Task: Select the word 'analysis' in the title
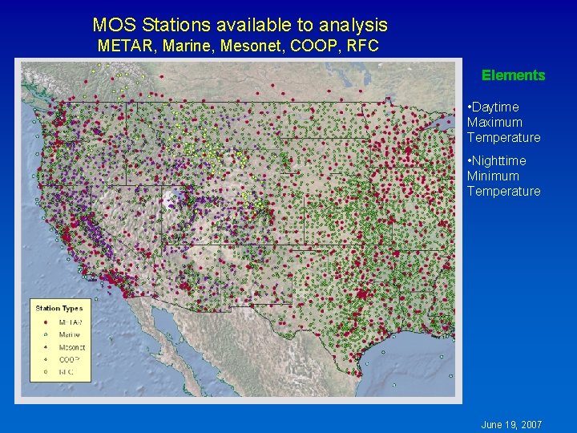tap(353, 26)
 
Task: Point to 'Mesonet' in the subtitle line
tap(240, 46)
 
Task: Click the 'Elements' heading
tap(513, 75)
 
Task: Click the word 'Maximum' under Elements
tap(494, 122)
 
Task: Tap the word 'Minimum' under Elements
tap(493, 176)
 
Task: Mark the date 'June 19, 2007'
tap(511, 423)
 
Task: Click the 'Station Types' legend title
tap(59, 309)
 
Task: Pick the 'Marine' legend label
tap(70, 334)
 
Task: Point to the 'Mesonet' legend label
tap(72, 347)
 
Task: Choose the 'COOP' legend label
tap(67, 360)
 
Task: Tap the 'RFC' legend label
tap(66, 373)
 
